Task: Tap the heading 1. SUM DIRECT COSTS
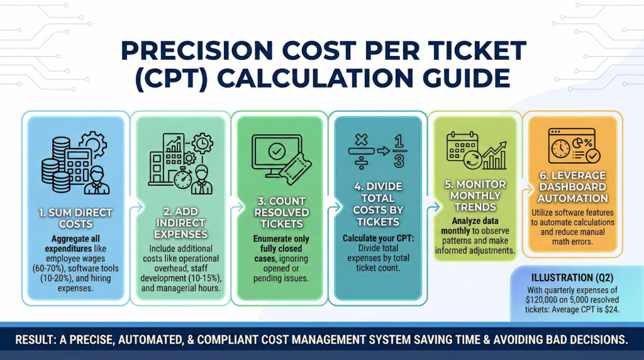tap(75, 218)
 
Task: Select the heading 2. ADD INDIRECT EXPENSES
tap(180, 223)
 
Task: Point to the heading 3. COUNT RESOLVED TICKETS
tap(281, 213)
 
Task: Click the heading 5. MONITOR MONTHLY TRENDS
tap(475, 196)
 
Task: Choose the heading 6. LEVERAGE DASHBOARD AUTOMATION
tap(572, 187)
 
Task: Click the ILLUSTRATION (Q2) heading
tap(572, 278)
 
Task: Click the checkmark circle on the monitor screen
tap(277, 151)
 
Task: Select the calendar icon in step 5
tap(462, 147)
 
